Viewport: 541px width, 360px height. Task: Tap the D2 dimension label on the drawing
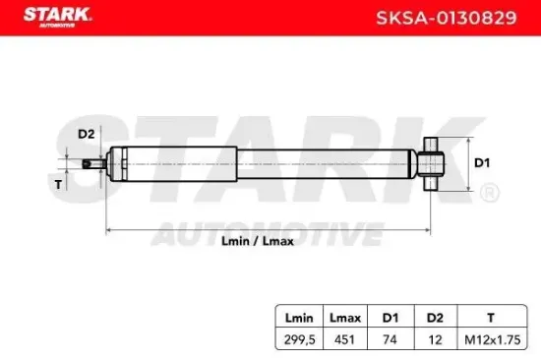point(87,134)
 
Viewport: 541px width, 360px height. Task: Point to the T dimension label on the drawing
point(58,184)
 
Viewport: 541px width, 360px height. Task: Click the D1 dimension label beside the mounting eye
point(482,161)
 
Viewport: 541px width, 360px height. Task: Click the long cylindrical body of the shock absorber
point(266,163)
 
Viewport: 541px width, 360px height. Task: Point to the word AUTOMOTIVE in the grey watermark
point(266,233)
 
